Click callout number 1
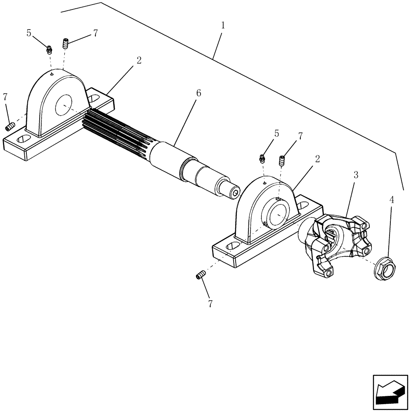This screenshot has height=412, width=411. [223, 26]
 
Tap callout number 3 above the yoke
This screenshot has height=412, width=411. [356, 175]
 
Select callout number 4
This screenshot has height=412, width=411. [392, 200]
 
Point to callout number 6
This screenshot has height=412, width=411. [198, 94]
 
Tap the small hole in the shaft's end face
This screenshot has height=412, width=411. [236, 192]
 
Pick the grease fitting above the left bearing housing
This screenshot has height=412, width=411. [49, 50]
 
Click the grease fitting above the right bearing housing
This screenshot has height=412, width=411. [262, 158]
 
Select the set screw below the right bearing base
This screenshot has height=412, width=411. [200, 275]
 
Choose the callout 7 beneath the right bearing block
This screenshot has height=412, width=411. [210, 304]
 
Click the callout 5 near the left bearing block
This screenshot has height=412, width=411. [29, 33]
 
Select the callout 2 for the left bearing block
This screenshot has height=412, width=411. [139, 60]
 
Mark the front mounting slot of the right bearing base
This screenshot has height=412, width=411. [233, 246]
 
